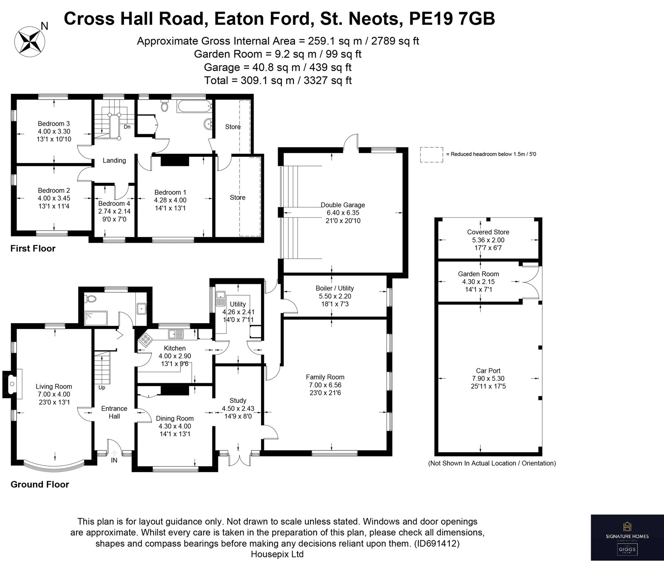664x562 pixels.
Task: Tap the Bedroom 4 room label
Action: [x=114, y=204]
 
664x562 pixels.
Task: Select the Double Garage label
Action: [x=343, y=205]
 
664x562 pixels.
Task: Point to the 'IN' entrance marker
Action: [x=114, y=460]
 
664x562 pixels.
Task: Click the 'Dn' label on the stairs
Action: [x=127, y=127]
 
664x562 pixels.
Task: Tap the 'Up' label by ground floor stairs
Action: [x=102, y=388]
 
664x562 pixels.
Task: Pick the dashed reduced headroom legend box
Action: [x=431, y=154]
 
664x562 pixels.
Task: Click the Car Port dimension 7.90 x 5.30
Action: [x=488, y=378]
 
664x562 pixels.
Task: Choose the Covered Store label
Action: [x=488, y=232]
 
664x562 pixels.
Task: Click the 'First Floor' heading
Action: [x=33, y=249]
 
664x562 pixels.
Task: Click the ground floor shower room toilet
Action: [x=91, y=299]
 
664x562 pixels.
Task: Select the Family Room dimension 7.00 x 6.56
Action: [x=325, y=385]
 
